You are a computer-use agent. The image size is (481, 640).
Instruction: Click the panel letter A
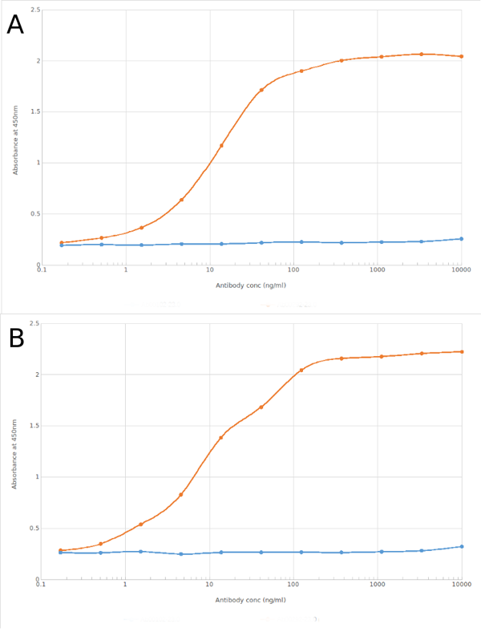pyautogui.click(x=15, y=25)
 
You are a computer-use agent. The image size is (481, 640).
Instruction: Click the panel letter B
pyautogui.click(x=15, y=339)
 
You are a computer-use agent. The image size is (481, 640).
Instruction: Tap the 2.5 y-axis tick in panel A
pyautogui.click(x=34, y=10)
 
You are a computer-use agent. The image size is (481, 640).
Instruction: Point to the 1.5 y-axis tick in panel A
pyautogui.click(x=34, y=111)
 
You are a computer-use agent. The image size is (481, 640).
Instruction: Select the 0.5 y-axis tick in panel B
pyautogui.click(x=34, y=528)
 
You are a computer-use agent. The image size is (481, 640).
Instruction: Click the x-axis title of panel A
pyautogui.click(x=251, y=286)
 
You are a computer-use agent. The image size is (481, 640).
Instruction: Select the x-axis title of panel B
pyautogui.click(x=251, y=600)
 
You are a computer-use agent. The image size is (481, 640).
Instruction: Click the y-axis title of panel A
pyautogui.click(x=15, y=138)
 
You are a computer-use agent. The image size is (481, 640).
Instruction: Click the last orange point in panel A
pyautogui.click(x=461, y=56)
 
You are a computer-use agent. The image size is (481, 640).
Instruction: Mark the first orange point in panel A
pyautogui.click(x=62, y=242)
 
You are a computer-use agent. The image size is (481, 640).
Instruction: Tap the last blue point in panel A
pyautogui.click(x=461, y=238)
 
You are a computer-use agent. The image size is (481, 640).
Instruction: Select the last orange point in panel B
pyautogui.click(x=462, y=351)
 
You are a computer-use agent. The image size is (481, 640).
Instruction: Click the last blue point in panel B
pyautogui.click(x=462, y=546)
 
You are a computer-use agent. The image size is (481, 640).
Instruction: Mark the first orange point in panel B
pyautogui.click(x=61, y=550)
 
